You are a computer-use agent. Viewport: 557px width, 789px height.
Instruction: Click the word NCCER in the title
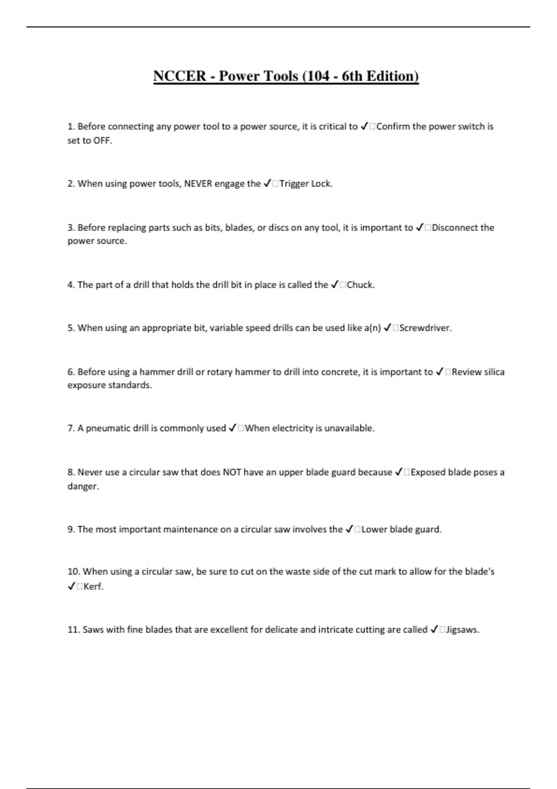[x=180, y=76]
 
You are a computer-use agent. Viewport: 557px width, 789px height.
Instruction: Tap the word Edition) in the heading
[x=392, y=76]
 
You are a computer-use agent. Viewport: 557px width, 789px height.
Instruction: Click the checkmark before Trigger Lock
[x=267, y=184]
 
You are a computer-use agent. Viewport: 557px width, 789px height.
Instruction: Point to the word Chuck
[x=360, y=285]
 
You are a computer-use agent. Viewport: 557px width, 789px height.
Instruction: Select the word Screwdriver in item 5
[x=425, y=328]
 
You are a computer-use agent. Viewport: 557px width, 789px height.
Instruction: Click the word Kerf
[x=93, y=587]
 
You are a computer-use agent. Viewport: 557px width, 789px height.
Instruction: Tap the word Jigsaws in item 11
[x=462, y=630]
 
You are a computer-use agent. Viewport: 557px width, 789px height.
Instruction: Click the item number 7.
[x=71, y=428]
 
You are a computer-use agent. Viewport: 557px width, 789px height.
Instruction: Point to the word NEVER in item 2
[x=198, y=184]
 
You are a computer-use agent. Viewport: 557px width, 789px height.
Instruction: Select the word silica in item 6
[x=491, y=372]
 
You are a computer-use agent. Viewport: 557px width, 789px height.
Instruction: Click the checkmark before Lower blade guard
[x=350, y=530]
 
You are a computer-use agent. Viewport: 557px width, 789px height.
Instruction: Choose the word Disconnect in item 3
[x=455, y=228]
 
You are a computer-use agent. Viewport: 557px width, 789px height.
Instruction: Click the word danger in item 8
[x=83, y=486]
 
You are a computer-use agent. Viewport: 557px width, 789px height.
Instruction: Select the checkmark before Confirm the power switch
[x=364, y=127]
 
